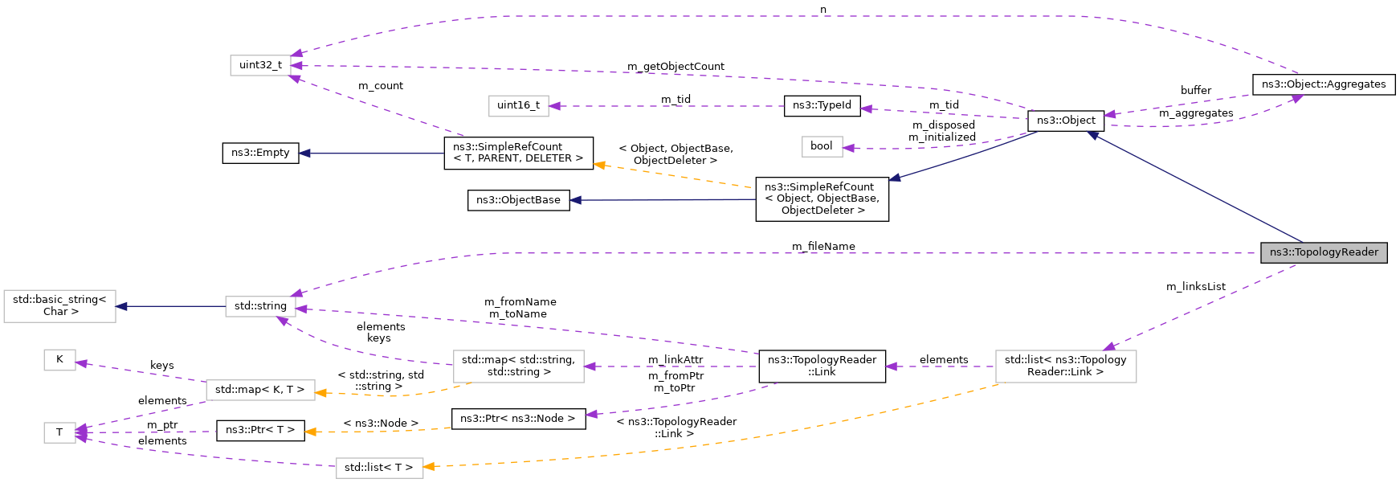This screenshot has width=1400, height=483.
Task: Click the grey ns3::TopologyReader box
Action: [1323, 252]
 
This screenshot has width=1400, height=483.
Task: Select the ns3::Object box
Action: [1065, 121]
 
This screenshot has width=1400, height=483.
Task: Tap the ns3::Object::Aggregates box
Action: [1323, 84]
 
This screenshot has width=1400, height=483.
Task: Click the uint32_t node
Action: [260, 65]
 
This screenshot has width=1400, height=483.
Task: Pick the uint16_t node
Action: [518, 105]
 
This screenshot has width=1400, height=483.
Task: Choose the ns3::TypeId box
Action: [822, 105]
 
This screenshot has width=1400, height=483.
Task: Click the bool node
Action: [821, 146]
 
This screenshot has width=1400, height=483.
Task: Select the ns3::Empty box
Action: [260, 153]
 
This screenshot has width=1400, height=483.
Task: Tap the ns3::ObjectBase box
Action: [518, 200]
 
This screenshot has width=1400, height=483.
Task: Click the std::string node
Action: [260, 306]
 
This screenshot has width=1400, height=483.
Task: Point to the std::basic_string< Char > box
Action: [59, 306]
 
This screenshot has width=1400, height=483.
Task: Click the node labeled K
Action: [59, 359]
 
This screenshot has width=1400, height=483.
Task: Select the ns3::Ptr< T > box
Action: [260, 430]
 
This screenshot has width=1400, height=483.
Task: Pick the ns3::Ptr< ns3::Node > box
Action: [518, 419]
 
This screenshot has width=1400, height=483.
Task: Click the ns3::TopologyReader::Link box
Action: [822, 366]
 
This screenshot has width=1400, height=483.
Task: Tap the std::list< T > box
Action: [378, 468]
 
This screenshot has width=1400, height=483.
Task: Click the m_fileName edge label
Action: [822, 247]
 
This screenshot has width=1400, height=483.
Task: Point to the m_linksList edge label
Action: [1195, 287]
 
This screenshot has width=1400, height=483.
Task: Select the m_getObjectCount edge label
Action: [675, 67]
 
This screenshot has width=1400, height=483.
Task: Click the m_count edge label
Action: [380, 86]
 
